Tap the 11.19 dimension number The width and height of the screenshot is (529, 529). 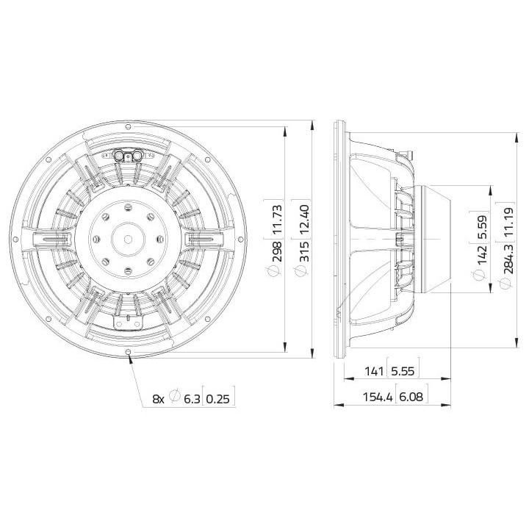click(506, 218)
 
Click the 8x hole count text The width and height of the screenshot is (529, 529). click(158, 398)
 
